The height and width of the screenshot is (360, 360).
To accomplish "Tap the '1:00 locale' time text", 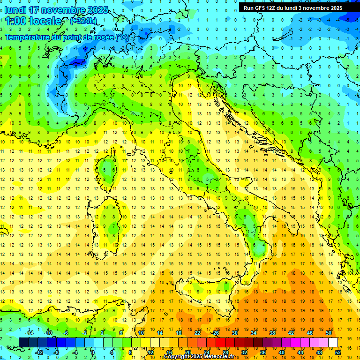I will click(x=33, y=21).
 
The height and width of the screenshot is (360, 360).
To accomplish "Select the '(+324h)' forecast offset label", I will click(x=83, y=21).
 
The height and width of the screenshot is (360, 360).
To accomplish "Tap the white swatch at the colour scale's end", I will click(x=333, y=342).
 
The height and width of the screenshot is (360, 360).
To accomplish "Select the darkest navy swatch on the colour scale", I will click(x=23, y=342).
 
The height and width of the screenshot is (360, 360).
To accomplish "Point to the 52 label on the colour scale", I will click(x=338, y=352).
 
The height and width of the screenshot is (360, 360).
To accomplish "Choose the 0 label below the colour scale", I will click(x=92, y=352).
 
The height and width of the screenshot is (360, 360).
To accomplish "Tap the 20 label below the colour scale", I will click(x=187, y=352).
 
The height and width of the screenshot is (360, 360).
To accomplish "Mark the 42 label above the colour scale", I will click(x=291, y=333).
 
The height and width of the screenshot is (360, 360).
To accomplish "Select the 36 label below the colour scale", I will click(x=262, y=352).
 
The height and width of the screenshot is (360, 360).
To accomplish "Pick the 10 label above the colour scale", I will click(x=141, y=333).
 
